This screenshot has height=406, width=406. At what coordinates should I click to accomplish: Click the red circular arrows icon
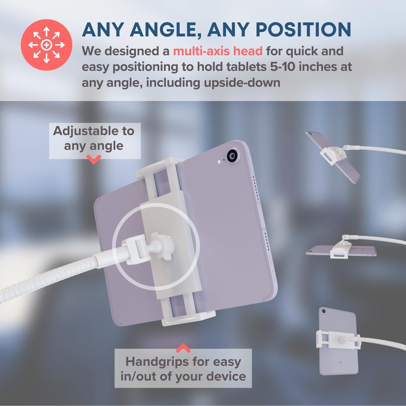[46, 45]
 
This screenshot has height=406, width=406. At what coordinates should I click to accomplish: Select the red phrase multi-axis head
[218, 51]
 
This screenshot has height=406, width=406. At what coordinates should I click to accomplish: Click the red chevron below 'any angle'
[94, 159]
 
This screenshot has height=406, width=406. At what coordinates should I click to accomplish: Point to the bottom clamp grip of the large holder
[189, 319]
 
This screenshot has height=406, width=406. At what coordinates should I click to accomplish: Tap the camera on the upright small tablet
[324, 311]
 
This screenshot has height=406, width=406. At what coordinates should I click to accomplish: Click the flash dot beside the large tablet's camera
[219, 162]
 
